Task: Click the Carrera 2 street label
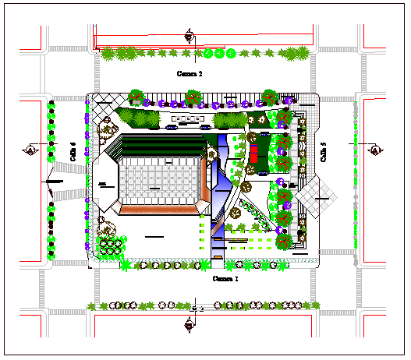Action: (x=190, y=75)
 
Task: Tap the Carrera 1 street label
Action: (x=225, y=277)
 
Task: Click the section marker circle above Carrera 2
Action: (x=190, y=34)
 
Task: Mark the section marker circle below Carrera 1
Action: (x=193, y=322)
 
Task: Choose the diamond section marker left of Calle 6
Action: (x=30, y=150)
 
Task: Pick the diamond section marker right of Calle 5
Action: (x=375, y=150)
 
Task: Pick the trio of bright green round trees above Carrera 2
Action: (x=220, y=54)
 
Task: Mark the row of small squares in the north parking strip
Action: (x=187, y=120)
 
